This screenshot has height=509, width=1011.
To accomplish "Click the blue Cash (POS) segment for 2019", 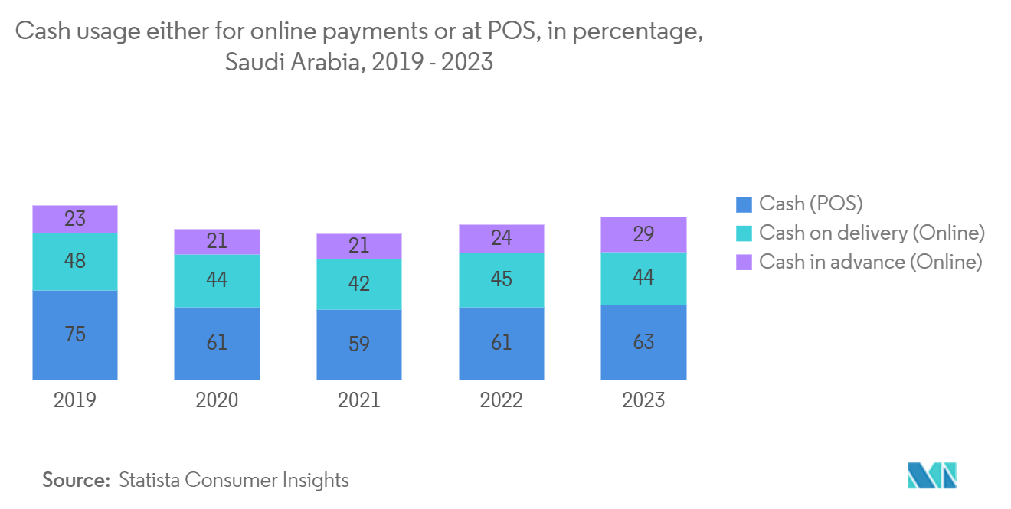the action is tap(75, 334).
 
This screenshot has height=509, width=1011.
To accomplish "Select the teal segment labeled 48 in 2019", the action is tap(75, 262).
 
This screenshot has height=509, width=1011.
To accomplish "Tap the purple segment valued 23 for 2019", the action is tap(75, 220).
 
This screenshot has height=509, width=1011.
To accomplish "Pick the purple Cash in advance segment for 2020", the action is tap(217, 242).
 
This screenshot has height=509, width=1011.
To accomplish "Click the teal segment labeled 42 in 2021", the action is tap(359, 284).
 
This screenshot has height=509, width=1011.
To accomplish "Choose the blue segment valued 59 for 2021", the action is tap(359, 344).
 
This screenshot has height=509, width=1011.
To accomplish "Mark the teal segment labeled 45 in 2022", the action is tap(502, 280).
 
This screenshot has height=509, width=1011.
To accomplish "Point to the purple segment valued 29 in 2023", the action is tap(643, 235).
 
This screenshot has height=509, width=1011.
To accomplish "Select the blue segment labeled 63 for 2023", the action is tap(643, 342).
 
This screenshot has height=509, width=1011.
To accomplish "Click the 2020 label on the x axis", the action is tap(217, 400).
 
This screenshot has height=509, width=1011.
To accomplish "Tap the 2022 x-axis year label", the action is tap(501, 400).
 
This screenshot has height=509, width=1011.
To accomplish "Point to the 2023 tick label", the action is tap(643, 400).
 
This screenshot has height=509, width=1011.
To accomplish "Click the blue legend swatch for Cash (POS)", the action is tap(744, 204).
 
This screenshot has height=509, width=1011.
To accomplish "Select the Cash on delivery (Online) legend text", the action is tap(872, 233).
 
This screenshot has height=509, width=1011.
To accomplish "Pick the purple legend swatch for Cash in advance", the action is tap(744, 263).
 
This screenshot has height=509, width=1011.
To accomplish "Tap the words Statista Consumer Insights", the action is tap(234, 480).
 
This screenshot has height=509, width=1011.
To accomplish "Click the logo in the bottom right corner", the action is tap(931, 475).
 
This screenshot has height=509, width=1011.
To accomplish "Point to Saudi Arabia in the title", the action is tap(295, 62).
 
